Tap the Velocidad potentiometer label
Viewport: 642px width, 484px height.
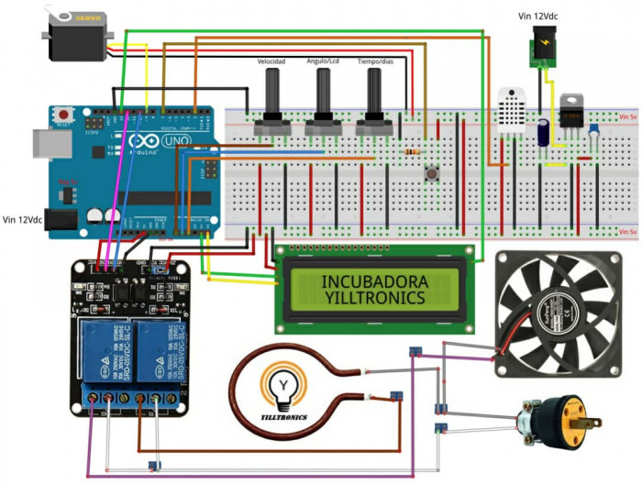[271, 60]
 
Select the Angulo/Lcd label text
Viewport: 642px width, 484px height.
[322, 60]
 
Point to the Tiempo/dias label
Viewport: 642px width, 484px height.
[374, 60]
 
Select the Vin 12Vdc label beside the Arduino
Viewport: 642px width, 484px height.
[23, 220]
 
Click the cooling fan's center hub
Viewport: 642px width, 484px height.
[557, 313]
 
